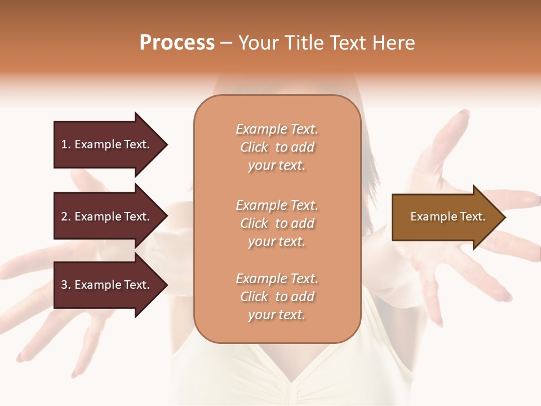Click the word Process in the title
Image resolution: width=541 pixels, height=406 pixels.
coord(177,43)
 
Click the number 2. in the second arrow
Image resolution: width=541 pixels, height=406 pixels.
coord(65,217)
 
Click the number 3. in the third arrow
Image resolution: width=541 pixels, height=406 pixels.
coord(65,285)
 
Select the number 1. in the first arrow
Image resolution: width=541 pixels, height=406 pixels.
coord(65,144)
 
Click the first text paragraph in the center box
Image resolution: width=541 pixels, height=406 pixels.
coord(277,147)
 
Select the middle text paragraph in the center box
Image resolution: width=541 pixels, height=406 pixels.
coord(277,223)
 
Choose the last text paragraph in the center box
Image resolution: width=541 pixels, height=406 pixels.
coord(277,297)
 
